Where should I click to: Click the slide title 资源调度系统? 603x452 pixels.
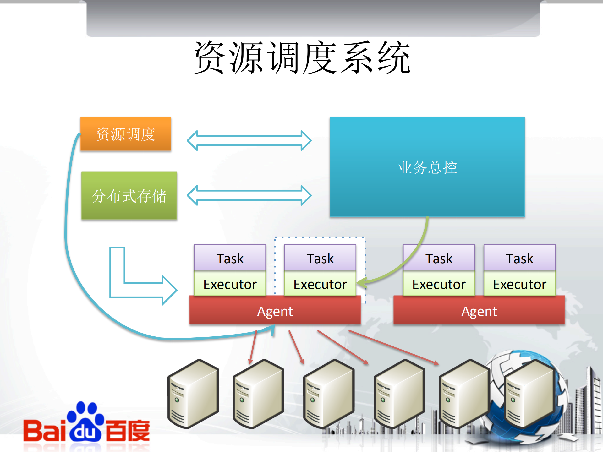tap(302, 57)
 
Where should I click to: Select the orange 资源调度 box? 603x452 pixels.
tap(126, 134)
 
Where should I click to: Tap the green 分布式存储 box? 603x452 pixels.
tap(129, 195)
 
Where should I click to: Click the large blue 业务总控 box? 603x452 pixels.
tap(427, 166)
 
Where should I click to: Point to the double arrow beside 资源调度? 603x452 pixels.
tap(249, 140)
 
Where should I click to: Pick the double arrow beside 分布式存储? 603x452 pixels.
tap(249, 195)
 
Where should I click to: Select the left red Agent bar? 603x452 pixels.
tap(275, 311)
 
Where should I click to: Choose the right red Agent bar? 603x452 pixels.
tap(479, 311)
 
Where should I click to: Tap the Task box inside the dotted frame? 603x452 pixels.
tap(320, 258)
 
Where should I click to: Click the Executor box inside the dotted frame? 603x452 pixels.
tap(320, 284)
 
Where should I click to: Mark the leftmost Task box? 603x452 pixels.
tap(230, 258)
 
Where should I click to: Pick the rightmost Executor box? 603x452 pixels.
tap(519, 284)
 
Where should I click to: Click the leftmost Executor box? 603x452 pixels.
tap(230, 284)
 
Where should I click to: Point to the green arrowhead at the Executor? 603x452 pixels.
tap(361, 282)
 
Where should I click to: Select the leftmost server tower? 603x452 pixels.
tap(193, 394)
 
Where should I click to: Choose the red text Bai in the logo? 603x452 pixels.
tap(44, 431)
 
